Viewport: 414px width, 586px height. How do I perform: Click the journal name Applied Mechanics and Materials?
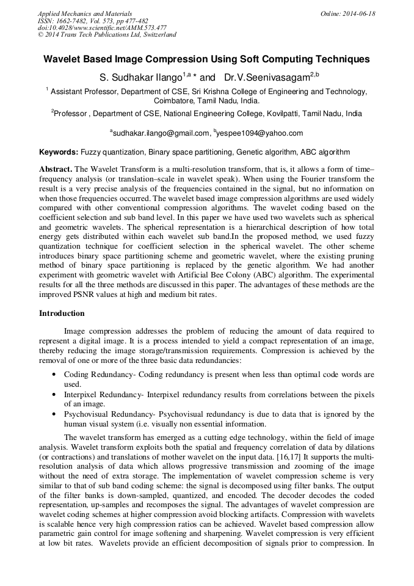84,13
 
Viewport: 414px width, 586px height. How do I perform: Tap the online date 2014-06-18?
358,13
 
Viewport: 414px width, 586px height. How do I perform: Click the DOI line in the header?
102,27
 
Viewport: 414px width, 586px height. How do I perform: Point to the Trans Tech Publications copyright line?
107,35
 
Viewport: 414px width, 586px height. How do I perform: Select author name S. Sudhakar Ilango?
142,78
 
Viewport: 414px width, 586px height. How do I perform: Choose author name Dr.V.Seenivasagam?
266,78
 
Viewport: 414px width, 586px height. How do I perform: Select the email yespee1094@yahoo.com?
260,133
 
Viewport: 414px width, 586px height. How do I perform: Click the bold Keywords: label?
59,152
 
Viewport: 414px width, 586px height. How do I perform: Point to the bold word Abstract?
56,168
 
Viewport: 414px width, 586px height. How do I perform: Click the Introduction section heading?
62,313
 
